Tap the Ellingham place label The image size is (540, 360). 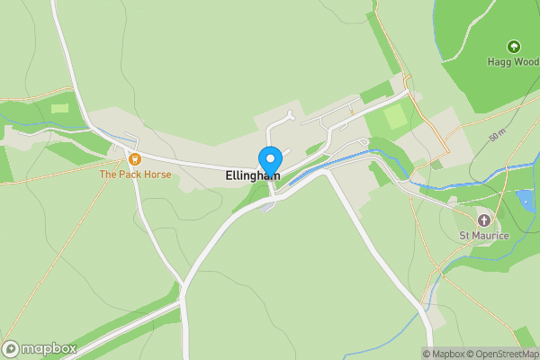pyautogui.click(x=253, y=176)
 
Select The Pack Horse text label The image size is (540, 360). pyautogui.click(x=135, y=174)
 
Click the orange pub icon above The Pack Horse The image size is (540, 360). pyautogui.click(x=135, y=159)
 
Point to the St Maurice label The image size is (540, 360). pyautogui.click(x=484, y=236)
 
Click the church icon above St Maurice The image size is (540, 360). pyautogui.click(x=484, y=220)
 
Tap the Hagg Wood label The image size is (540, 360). pyautogui.click(x=513, y=61)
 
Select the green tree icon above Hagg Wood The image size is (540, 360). pyautogui.click(x=513, y=46)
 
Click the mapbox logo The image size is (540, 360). pyautogui.click(x=40, y=348)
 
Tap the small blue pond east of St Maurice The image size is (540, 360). pyautogui.click(x=526, y=200)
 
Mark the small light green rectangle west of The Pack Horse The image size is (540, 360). pyautogui.click(x=60, y=108)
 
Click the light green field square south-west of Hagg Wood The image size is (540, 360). pyautogui.click(x=396, y=117)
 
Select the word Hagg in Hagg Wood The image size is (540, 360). pyautogui.click(x=500, y=61)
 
